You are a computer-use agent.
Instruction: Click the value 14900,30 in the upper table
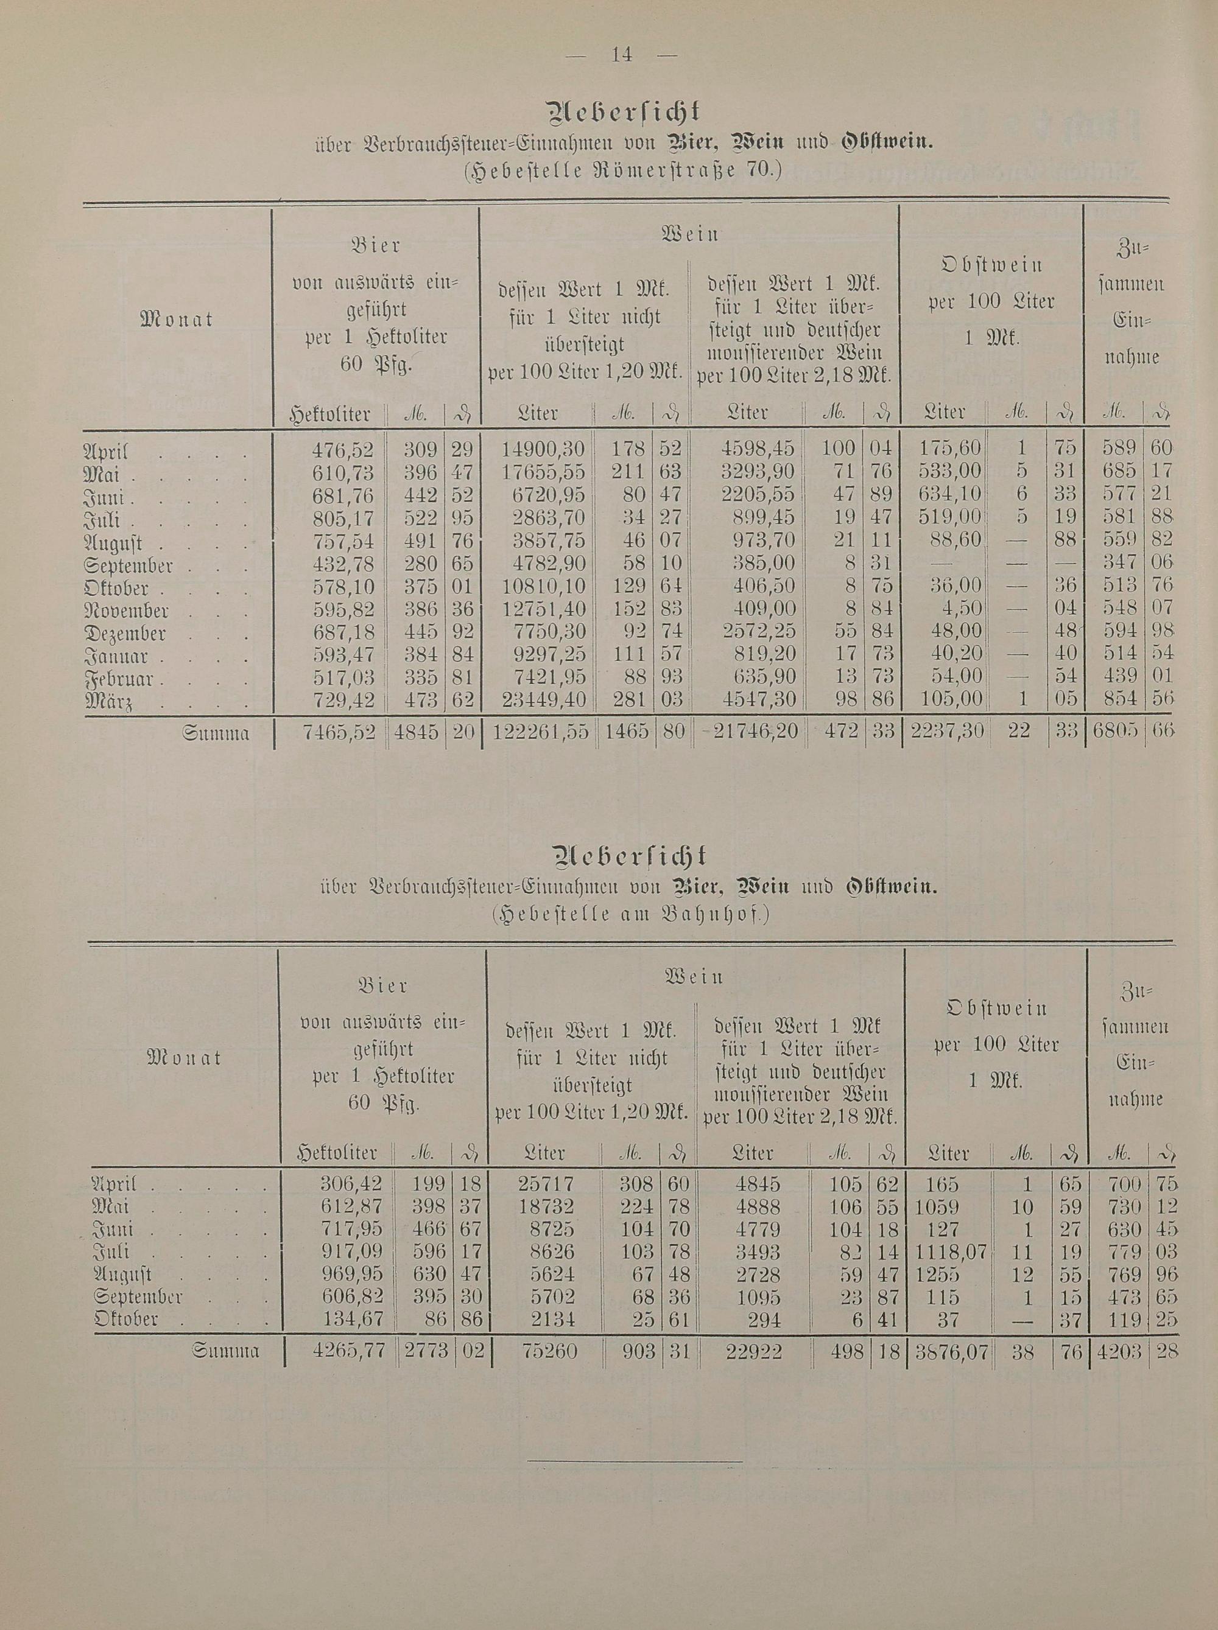pos(543,448)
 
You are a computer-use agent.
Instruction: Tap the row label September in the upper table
pos(129,567)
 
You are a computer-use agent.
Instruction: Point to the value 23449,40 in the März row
pos(543,698)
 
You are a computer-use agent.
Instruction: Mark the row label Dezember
pos(125,634)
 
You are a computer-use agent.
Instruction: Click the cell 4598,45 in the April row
pos(759,448)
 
